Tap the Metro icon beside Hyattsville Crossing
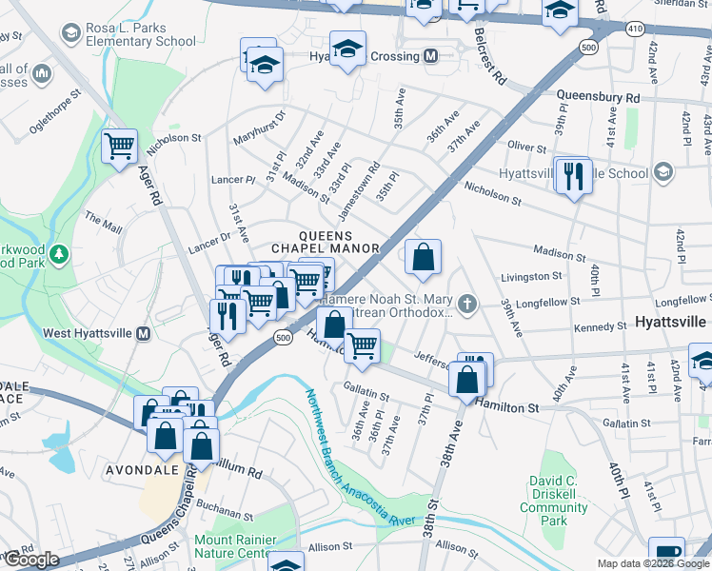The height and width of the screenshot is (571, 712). coord(430,56)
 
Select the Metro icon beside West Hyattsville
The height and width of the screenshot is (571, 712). coord(143,334)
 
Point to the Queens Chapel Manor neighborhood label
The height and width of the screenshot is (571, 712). coord(339,242)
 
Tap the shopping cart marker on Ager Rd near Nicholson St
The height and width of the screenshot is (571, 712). coord(120,148)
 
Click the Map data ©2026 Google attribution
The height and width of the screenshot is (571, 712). coord(652,563)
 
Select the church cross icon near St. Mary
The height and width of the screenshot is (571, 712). coord(466,305)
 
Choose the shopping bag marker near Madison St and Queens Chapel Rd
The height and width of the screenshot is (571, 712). coord(424,257)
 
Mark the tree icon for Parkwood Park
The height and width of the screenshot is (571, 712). coord(59,255)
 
